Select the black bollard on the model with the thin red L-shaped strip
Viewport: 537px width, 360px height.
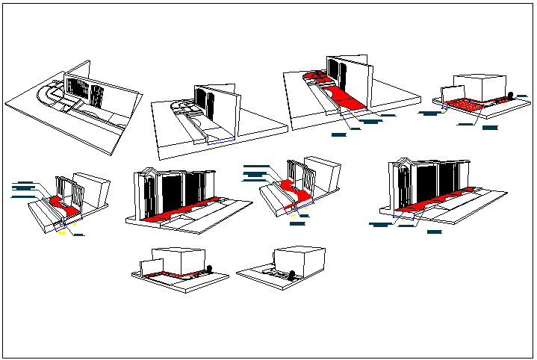pos(210,268)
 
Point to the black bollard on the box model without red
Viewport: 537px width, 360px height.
pos(293,273)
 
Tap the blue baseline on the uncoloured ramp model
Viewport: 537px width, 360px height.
pos(221,140)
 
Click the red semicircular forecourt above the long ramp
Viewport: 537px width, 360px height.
pos(314,75)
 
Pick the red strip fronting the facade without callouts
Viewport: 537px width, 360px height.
pos(187,208)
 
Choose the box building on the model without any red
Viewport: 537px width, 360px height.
pos(299,258)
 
